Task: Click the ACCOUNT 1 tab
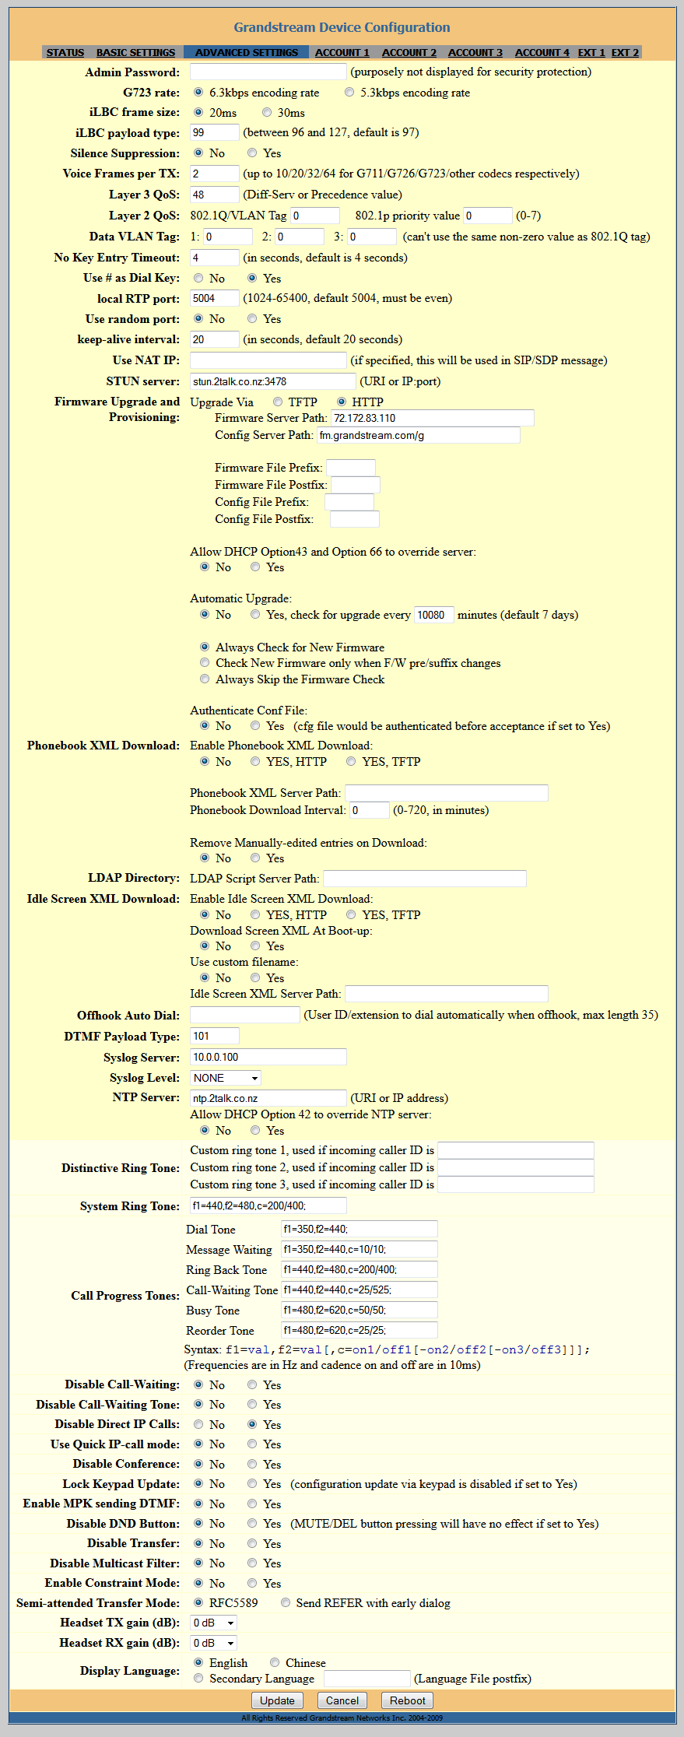(342, 53)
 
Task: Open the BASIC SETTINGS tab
(135, 53)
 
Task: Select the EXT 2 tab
(625, 53)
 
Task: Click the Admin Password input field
(268, 72)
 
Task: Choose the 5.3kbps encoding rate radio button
(349, 93)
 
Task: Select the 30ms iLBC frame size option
(267, 113)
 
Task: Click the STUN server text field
(272, 381)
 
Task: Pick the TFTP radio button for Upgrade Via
(278, 402)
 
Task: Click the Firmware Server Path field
(433, 418)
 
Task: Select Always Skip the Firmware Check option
(205, 679)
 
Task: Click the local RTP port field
(215, 298)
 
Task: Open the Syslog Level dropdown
(226, 1078)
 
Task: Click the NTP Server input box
(268, 1098)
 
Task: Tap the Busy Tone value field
(359, 1311)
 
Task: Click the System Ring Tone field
(268, 1205)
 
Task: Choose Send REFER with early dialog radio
(286, 1603)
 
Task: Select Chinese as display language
(275, 1662)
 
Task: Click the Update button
(277, 1700)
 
